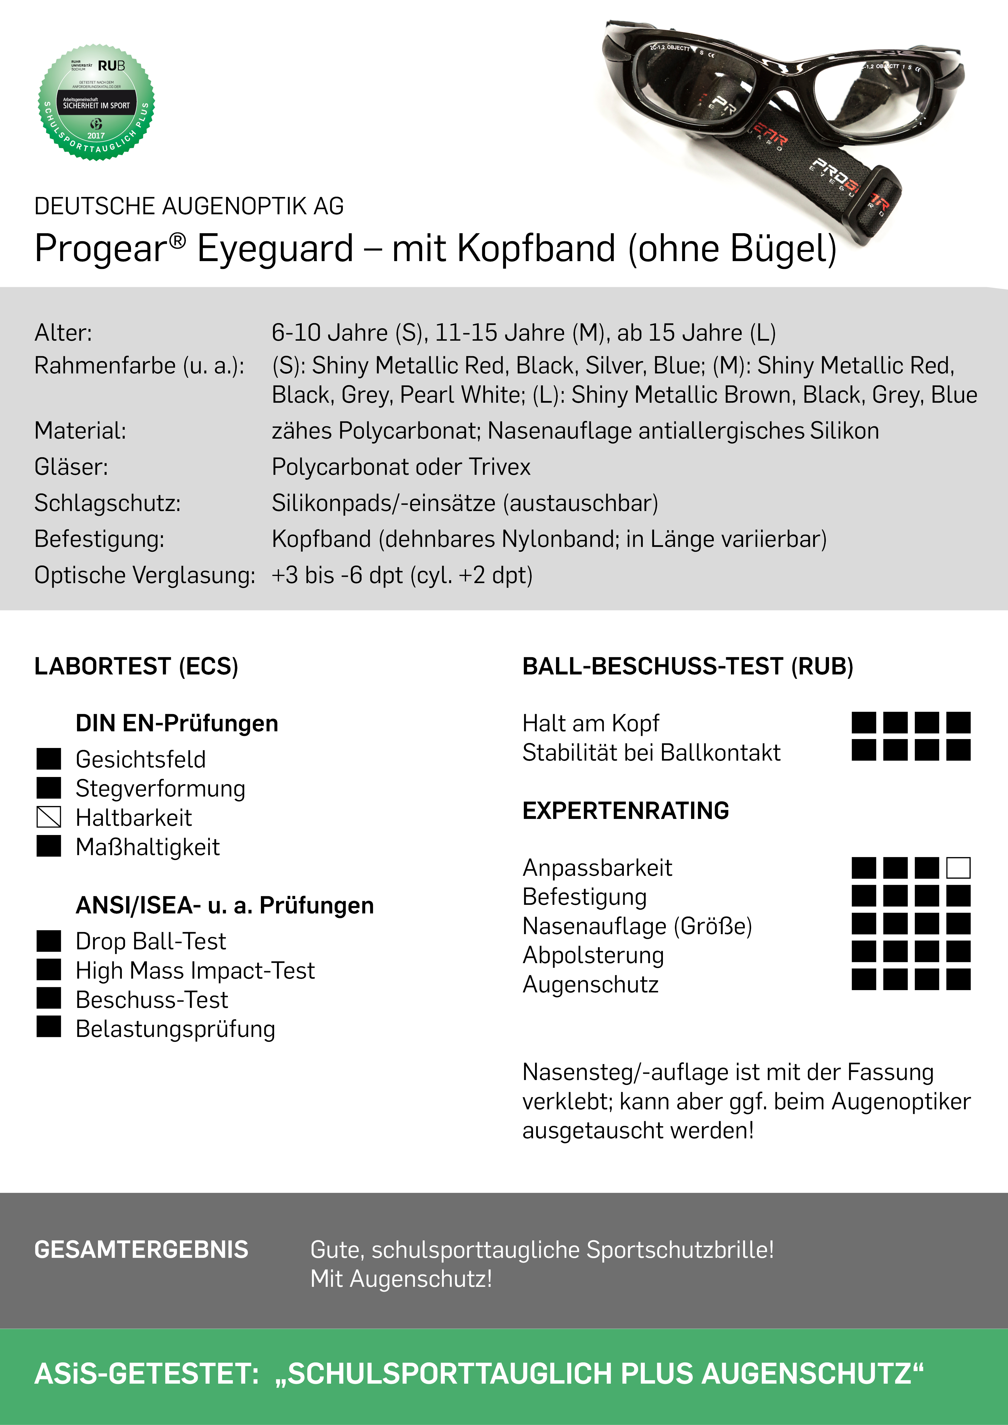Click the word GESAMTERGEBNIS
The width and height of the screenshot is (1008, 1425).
click(x=141, y=1249)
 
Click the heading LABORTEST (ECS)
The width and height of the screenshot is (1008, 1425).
click(x=136, y=666)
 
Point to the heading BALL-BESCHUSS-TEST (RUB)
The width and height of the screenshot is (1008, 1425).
click(x=687, y=666)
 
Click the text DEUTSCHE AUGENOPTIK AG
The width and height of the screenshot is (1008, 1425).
click(x=189, y=206)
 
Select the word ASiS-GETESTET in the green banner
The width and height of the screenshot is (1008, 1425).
click(x=146, y=1374)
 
